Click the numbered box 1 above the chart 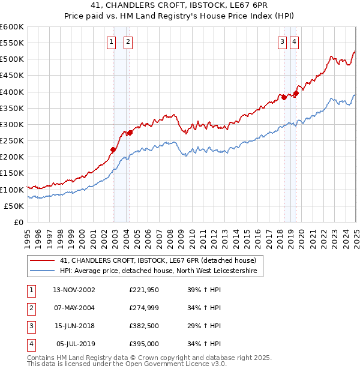[x=112, y=41]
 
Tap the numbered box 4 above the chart [x=295, y=41]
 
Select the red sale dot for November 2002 [x=113, y=150]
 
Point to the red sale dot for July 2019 [x=296, y=94]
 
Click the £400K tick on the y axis [x=13, y=92]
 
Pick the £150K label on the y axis [x=13, y=173]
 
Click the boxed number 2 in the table [x=31, y=308]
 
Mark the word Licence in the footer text [x=194, y=364]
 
